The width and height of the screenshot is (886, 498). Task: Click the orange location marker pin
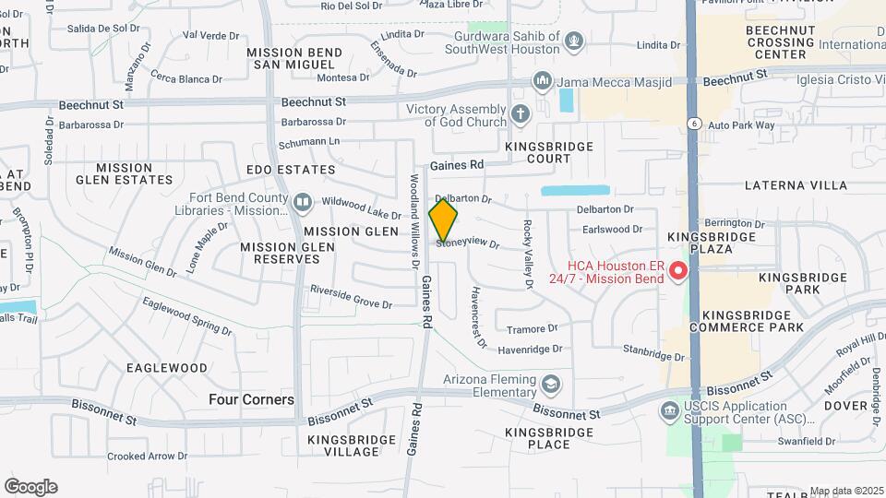(x=443, y=220)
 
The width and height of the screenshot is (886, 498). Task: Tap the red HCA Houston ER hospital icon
(x=678, y=271)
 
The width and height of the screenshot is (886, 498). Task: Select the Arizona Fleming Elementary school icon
(x=551, y=383)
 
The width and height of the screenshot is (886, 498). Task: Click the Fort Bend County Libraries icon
(x=303, y=202)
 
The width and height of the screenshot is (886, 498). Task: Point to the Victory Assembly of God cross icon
(x=521, y=115)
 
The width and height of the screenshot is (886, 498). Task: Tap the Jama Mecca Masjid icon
(x=542, y=81)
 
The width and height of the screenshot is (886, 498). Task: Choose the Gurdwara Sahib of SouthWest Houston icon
(x=574, y=41)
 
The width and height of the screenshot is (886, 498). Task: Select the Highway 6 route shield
(x=692, y=122)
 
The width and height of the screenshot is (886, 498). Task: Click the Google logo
(x=31, y=486)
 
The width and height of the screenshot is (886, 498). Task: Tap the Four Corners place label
(x=251, y=399)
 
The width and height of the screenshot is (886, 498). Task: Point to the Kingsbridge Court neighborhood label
(x=538, y=152)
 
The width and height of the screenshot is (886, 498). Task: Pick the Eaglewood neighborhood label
(x=167, y=367)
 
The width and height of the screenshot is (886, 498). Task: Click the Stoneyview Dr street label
(x=467, y=243)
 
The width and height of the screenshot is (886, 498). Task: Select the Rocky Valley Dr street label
(x=529, y=255)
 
